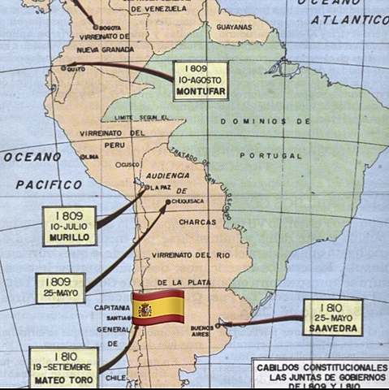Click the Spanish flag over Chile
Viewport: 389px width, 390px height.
158,306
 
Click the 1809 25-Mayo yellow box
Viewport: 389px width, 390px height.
60,288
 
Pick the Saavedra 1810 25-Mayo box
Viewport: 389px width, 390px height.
332,317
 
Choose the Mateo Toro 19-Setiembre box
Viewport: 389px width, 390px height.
63,367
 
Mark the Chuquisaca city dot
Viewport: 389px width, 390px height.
167,201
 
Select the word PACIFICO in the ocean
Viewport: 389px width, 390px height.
49,184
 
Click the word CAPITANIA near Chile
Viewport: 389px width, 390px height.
112,308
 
